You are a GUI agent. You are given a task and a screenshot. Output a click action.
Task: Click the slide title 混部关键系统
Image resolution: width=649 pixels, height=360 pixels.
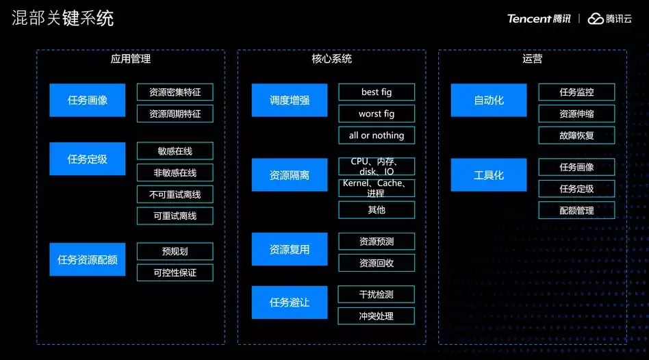click(x=63, y=18)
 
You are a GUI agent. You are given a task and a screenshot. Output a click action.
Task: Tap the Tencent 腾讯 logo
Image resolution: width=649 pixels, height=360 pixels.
click(x=539, y=18)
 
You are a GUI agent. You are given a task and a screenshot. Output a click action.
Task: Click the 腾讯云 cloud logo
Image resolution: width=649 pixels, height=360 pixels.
click(x=610, y=18)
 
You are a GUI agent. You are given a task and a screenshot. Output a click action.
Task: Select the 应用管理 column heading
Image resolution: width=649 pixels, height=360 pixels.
click(x=130, y=59)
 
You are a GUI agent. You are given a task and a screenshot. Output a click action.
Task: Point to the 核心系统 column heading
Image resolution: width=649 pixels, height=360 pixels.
click(x=331, y=59)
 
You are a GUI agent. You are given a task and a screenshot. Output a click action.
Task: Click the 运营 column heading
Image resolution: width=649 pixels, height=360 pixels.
click(x=533, y=59)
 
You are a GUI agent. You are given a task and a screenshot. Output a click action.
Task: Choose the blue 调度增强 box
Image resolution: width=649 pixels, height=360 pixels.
click(x=290, y=100)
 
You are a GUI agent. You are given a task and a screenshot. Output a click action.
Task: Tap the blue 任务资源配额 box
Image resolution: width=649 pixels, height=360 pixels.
click(x=88, y=259)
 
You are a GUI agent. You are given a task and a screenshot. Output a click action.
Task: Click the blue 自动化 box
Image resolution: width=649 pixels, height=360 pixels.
click(x=489, y=100)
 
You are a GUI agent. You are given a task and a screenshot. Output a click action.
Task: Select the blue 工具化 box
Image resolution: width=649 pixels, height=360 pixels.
click(x=489, y=175)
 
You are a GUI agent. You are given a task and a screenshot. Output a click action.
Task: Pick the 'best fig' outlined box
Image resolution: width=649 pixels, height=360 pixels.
click(x=377, y=92)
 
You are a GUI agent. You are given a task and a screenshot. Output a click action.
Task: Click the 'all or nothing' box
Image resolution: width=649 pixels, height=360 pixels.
click(x=377, y=136)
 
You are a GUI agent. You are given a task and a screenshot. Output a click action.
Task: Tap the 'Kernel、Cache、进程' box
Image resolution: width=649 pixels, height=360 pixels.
click(x=377, y=188)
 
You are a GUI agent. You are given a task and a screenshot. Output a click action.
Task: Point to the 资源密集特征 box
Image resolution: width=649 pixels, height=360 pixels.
click(x=175, y=92)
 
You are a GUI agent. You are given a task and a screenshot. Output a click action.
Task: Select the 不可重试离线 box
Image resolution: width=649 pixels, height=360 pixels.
click(x=175, y=194)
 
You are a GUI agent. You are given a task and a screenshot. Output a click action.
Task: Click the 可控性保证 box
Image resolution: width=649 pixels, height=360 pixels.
click(x=175, y=272)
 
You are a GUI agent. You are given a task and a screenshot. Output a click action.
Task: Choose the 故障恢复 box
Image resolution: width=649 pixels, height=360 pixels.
click(x=576, y=136)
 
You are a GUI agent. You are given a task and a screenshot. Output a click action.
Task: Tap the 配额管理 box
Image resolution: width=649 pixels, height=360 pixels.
click(x=576, y=210)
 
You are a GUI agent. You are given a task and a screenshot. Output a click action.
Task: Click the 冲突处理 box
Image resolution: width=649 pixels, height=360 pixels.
click(x=377, y=316)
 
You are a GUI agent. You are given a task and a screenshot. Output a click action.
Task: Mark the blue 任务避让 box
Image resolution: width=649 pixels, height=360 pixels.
click(x=290, y=303)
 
